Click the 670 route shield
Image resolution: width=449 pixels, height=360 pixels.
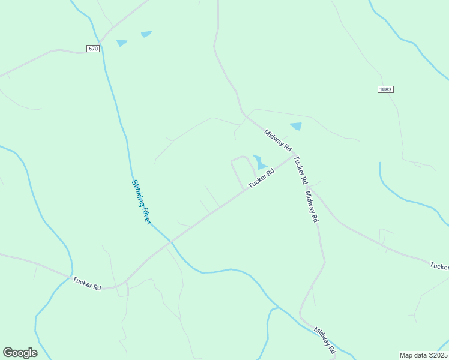click(92, 49)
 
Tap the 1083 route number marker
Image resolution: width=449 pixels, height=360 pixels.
click(385, 89)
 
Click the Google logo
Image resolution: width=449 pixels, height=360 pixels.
click(20, 353)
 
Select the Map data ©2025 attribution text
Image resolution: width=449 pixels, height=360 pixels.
click(423, 355)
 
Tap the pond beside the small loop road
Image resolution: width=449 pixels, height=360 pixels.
click(259, 162)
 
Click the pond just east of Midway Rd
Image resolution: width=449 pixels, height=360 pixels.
click(296, 127)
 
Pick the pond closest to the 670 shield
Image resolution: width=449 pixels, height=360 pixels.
click(122, 43)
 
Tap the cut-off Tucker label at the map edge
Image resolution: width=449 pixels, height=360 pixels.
click(439, 266)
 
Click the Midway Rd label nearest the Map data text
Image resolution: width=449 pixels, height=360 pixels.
click(325, 340)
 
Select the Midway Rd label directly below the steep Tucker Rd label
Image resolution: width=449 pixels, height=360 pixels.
click(311, 207)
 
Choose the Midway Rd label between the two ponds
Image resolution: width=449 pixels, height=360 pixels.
click(277, 139)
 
